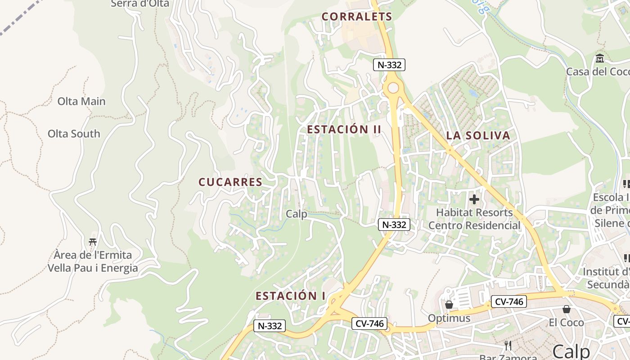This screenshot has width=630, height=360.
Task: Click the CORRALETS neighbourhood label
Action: pos(357,17)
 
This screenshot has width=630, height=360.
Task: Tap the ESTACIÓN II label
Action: pos(344,130)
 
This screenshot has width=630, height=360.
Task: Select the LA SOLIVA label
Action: pos(478,135)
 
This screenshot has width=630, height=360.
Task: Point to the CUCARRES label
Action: pos(230,182)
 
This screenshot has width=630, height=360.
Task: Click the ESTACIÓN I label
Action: pos(291,296)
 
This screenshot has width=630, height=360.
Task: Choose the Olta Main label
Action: pos(81,101)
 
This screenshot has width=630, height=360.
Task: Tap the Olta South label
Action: pos(74,134)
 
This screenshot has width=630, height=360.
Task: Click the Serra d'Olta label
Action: pos(140,4)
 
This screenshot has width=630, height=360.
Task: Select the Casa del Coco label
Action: pos(598,72)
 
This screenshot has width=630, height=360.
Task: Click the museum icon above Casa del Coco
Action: pos(600,58)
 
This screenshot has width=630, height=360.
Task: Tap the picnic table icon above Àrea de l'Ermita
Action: pos(93,242)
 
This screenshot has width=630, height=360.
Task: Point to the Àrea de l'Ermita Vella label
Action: pos(93,261)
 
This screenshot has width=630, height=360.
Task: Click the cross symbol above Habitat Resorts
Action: pos(474,199)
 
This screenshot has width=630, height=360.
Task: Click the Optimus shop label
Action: pos(449,318)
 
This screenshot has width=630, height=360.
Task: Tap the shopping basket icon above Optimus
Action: pos(449,305)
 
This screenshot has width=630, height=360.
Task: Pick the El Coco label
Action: pos(566,322)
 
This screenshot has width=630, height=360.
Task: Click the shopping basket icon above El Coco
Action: pos(567,309)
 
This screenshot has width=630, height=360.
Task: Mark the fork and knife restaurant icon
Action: pos(508,346)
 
